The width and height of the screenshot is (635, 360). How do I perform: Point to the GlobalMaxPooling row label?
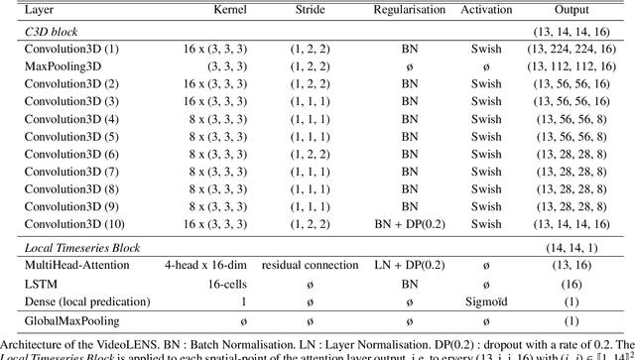click(73, 322)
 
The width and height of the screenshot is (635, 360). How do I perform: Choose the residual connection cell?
click(310, 266)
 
